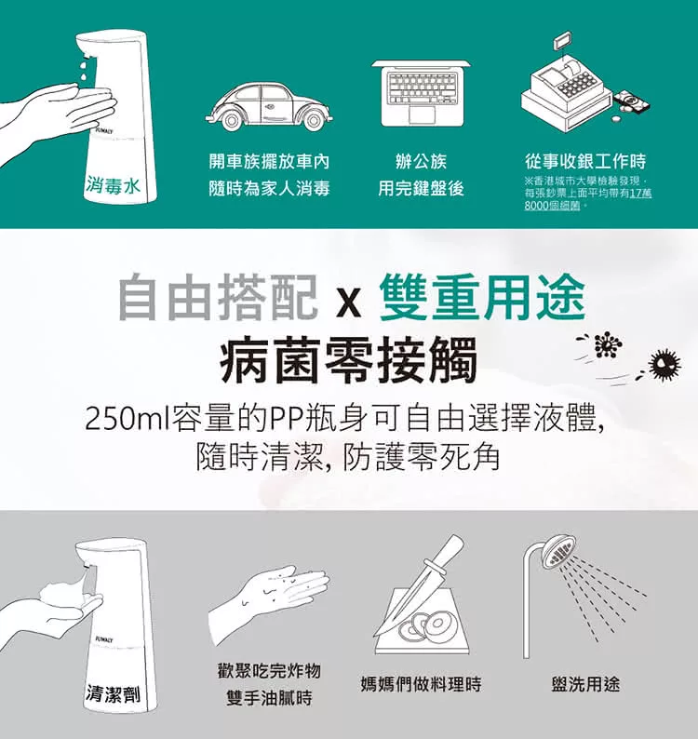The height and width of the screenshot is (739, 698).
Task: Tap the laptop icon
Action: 421,93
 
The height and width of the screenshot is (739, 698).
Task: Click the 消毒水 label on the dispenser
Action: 114,185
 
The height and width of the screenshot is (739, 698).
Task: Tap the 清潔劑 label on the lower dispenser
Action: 114,693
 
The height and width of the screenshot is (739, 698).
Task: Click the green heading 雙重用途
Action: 482,299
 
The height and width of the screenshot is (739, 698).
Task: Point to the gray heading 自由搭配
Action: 218,299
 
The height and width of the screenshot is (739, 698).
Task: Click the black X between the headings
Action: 349,303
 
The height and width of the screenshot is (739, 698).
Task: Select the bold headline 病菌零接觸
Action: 349,359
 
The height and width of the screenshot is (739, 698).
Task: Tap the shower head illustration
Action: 584,598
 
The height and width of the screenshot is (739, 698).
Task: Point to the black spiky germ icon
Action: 664,363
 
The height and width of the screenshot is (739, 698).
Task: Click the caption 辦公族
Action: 421,161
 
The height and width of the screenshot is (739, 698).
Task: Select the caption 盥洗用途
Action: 585,684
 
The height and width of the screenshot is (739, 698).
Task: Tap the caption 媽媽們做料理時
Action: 421,684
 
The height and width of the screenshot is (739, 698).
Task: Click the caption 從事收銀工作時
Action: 585,161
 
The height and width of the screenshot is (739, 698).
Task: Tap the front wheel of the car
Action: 313,120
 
